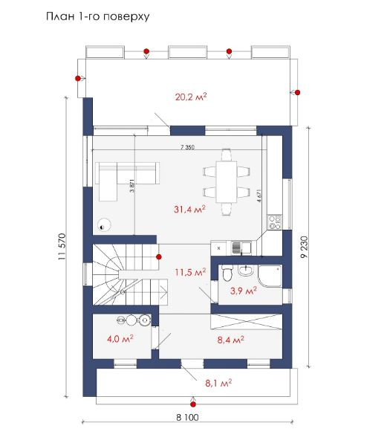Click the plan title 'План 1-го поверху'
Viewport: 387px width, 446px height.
[x=98, y=16]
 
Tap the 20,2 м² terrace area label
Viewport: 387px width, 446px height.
[x=191, y=97]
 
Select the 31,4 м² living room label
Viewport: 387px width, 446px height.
[x=189, y=210]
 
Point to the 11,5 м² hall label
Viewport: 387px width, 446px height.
[x=190, y=272]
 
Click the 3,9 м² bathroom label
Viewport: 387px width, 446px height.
[x=244, y=291]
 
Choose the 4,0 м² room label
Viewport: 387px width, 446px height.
[x=120, y=339]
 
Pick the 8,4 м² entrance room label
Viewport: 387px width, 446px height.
[x=230, y=340]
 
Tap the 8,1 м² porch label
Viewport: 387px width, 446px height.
[x=218, y=383]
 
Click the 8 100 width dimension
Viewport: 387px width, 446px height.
[x=187, y=417]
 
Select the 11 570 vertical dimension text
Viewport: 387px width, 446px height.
[x=62, y=247]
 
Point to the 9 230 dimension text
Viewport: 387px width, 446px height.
[x=305, y=247]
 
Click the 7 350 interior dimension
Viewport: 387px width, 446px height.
[x=187, y=147]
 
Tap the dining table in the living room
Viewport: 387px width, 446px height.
[x=227, y=182]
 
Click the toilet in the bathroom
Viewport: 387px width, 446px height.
[x=227, y=273]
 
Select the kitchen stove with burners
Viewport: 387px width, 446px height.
[x=275, y=222]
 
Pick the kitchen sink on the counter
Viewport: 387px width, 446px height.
[x=241, y=248]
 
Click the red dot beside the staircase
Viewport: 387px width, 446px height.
[x=159, y=257]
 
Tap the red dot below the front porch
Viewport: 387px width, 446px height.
[x=193, y=404]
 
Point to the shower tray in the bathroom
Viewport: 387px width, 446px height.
[x=270, y=276]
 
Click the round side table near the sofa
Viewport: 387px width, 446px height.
[x=104, y=224]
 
